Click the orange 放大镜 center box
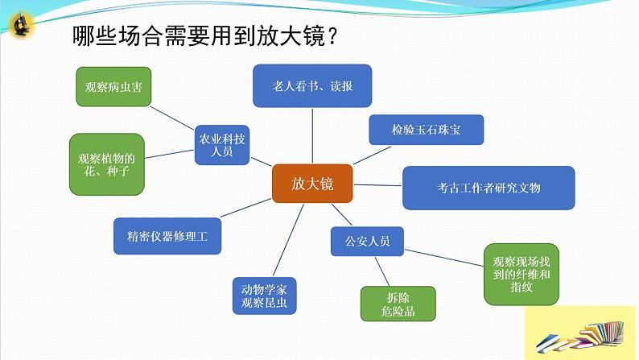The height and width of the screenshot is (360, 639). pos(312,183)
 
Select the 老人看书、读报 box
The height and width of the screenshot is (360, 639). pos(312,86)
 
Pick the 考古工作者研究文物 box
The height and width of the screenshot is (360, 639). pos(489,188)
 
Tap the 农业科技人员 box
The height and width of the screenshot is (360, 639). pos(222,144)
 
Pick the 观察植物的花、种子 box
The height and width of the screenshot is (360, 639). pos(106,164)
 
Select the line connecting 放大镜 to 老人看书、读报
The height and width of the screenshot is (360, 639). pos(312,135)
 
